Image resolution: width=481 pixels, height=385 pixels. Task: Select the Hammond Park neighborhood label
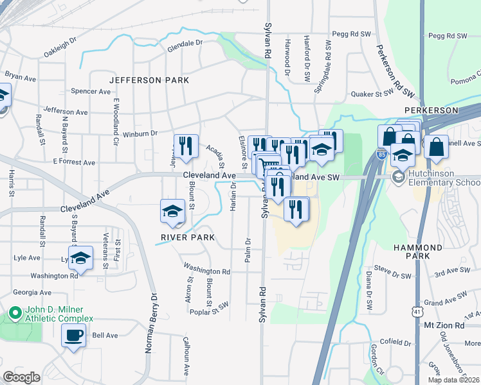coord(419,252)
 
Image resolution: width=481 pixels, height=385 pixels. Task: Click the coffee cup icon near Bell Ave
coord(73,334)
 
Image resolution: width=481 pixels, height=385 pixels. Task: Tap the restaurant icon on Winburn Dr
coord(185,146)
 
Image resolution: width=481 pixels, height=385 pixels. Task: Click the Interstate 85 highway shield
coord(381,155)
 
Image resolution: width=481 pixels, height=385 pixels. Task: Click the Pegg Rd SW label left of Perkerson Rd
coord(352,34)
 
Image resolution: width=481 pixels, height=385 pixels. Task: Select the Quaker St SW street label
coord(372,93)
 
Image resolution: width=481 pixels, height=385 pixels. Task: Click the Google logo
coord(22,377)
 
